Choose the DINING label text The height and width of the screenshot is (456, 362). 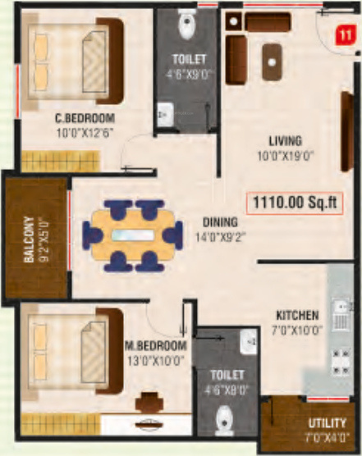221,221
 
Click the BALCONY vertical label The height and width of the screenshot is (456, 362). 29,239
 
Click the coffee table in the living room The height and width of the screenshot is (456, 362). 269,58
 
